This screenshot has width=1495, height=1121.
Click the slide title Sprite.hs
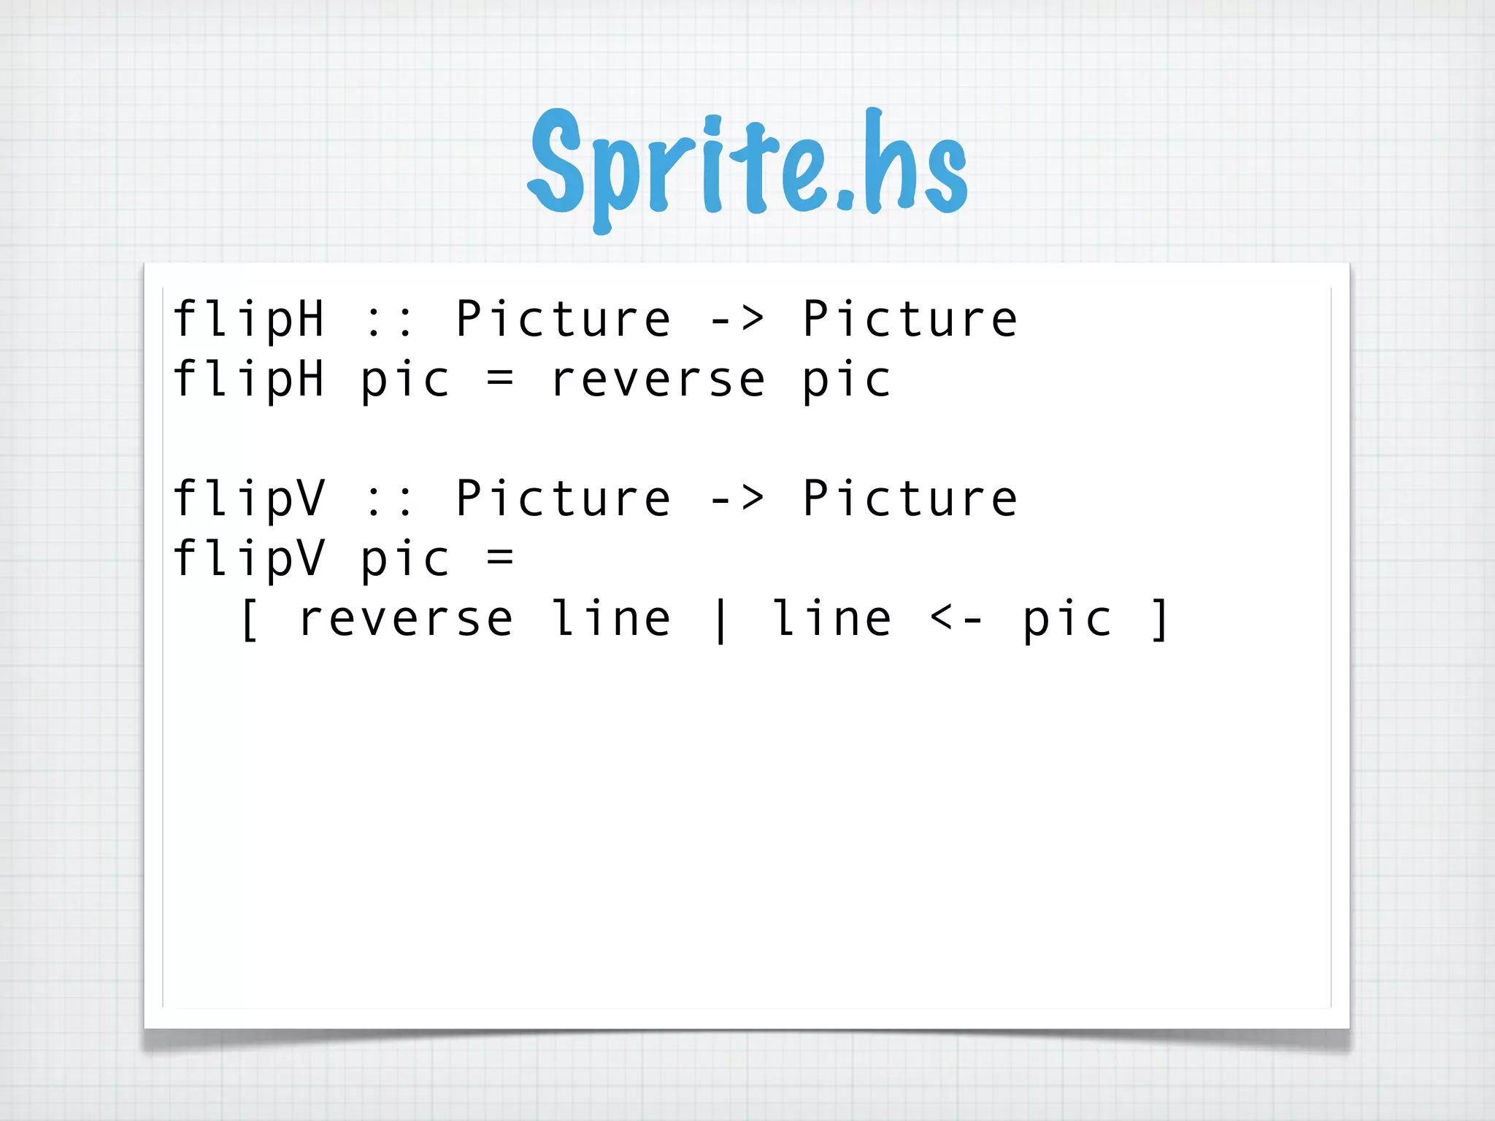[747, 164]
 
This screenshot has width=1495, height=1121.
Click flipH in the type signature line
[249, 320]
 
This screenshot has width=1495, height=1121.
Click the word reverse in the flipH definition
[658, 380]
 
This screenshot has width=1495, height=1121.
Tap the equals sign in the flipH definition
[500, 380]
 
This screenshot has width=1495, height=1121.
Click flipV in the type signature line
[249, 499]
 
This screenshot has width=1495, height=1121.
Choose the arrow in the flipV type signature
[737, 498]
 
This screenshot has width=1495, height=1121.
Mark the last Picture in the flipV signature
[910, 498]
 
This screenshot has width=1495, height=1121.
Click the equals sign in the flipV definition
[500, 559]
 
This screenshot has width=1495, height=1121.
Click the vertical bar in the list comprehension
[720, 620]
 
